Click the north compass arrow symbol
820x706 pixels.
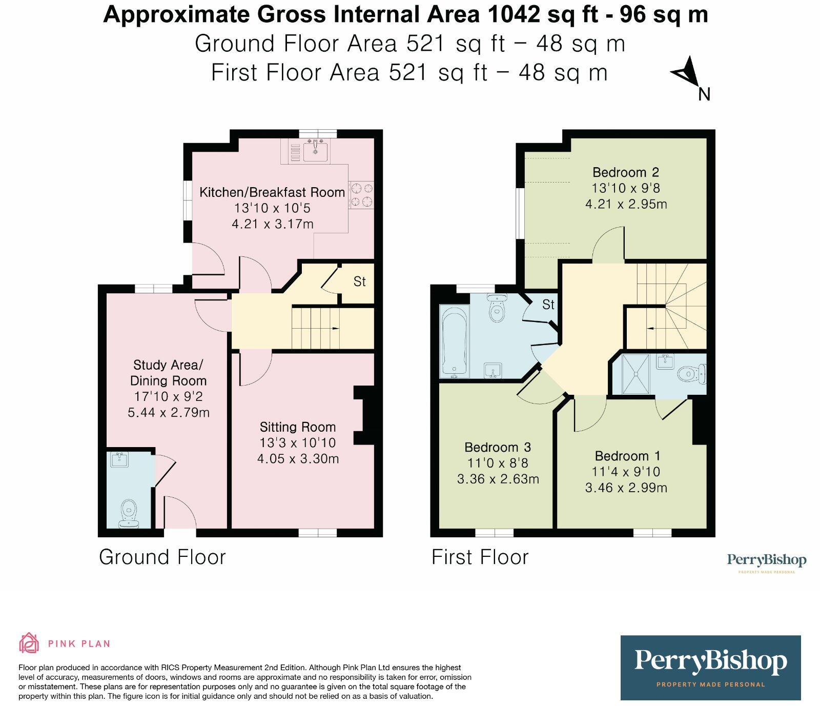point(686,73)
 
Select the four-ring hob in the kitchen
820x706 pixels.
point(361,195)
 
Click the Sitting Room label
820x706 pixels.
point(298,427)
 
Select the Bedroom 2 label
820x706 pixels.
point(626,172)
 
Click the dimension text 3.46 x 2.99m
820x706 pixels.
point(626,488)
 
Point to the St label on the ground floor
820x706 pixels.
point(360,281)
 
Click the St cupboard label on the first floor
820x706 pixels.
point(548,305)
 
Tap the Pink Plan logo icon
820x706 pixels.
point(29,643)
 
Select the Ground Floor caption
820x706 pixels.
point(162,557)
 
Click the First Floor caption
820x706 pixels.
point(480,557)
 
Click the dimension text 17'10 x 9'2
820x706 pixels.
point(168,396)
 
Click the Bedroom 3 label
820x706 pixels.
point(498,447)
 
